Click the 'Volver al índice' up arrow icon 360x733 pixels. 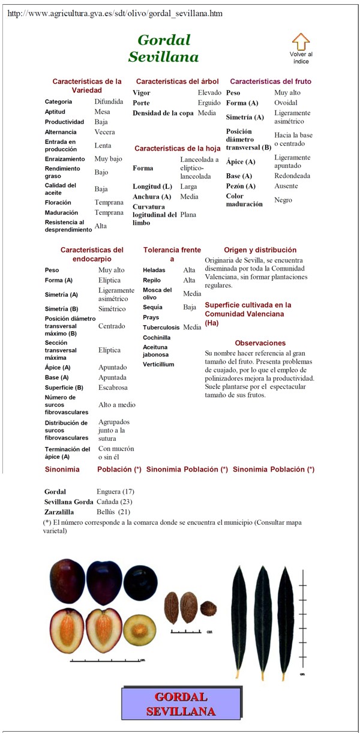(301, 42)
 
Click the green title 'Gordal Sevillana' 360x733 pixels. (163, 49)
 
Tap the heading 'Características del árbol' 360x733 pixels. (177, 81)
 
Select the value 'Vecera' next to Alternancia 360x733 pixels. (104, 132)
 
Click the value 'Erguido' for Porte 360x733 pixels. (209, 103)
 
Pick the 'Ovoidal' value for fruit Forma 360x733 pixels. (286, 103)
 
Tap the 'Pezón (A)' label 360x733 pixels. (241, 187)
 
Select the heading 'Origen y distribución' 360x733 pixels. (260, 250)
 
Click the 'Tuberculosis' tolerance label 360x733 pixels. (161, 328)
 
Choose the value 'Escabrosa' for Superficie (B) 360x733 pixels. (113, 388)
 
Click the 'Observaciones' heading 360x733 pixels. (260, 343)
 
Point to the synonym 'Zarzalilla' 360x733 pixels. (59, 512)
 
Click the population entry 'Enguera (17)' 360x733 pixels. (115, 492)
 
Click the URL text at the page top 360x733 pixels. (115, 13)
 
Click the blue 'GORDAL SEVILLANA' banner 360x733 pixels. (181, 704)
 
